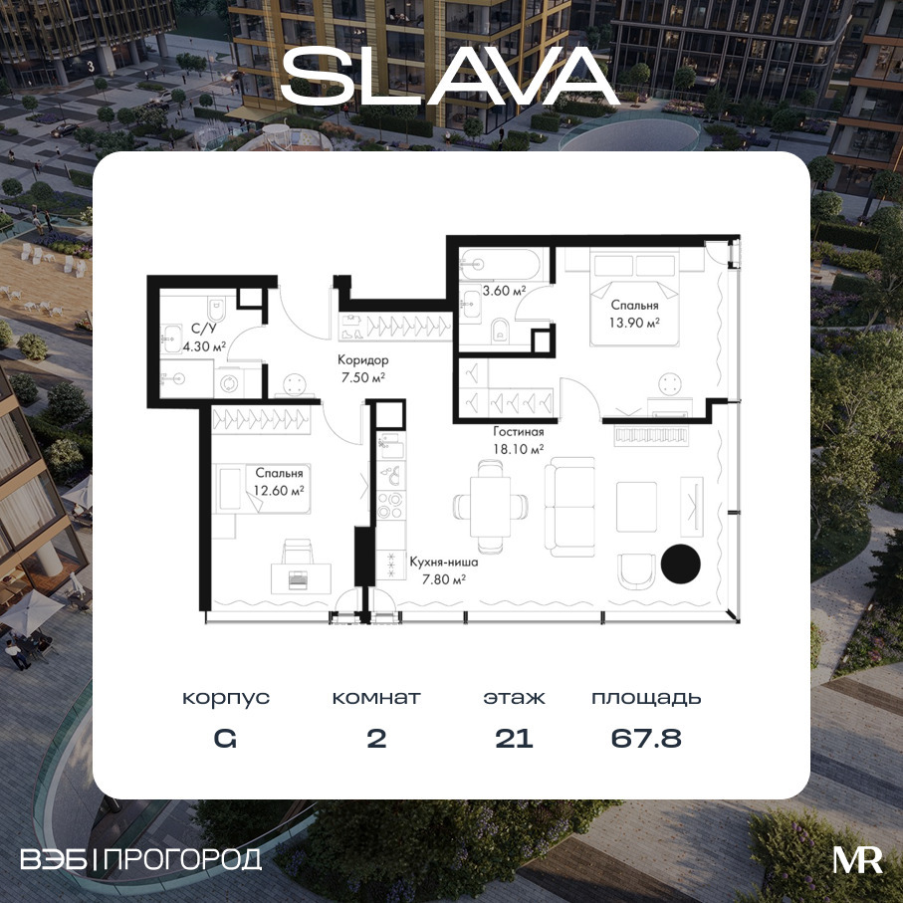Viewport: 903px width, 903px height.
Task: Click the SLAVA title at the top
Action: [450, 76]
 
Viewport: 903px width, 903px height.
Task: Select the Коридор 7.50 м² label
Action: [362, 369]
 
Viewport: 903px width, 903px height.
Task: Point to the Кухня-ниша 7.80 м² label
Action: [444, 570]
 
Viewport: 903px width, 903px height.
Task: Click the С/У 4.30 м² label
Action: [204, 338]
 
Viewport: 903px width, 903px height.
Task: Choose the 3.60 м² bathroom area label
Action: [505, 291]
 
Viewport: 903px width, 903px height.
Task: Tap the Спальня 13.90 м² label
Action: [634, 314]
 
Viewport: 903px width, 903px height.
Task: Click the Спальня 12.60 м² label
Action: [279, 482]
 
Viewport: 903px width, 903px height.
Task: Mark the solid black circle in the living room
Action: [681, 564]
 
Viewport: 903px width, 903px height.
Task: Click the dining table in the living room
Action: [490, 506]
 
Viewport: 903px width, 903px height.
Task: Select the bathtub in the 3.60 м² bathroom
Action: [500, 265]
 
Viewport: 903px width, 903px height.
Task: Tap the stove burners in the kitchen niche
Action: [390, 505]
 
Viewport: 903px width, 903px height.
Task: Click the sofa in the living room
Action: [570, 507]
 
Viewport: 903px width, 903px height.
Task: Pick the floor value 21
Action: [515, 739]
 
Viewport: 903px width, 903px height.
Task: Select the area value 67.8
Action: [646, 739]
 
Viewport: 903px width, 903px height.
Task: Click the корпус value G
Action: [225, 739]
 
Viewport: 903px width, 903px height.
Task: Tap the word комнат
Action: [376, 698]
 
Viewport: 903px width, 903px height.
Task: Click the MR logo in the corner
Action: [857, 860]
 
